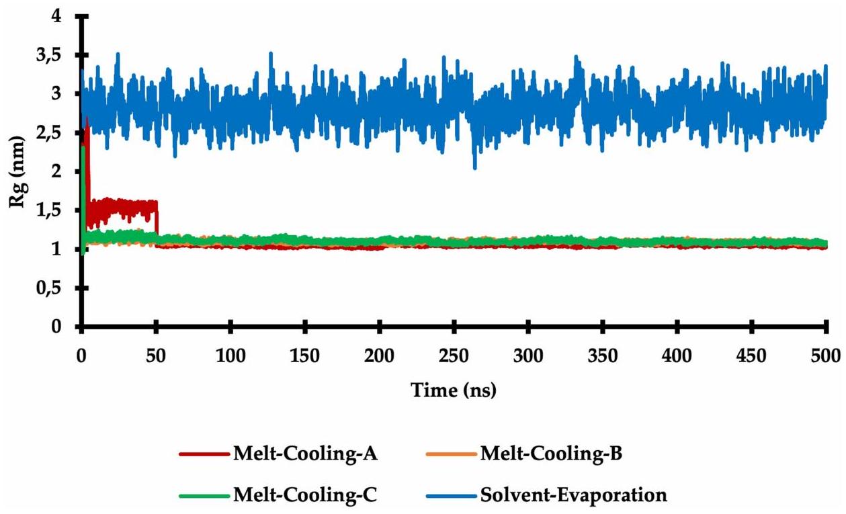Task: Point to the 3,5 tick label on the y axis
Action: coord(57,55)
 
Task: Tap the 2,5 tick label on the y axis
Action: coord(57,133)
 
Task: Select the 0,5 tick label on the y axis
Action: coord(57,288)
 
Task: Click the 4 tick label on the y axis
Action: coord(67,16)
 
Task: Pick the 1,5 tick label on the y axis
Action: coord(57,211)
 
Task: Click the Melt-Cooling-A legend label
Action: coord(304,454)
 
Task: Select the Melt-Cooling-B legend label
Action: coord(550,454)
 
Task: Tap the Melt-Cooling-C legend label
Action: coord(304,496)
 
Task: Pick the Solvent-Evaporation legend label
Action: coord(573,496)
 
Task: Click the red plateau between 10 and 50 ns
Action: coord(121,209)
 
